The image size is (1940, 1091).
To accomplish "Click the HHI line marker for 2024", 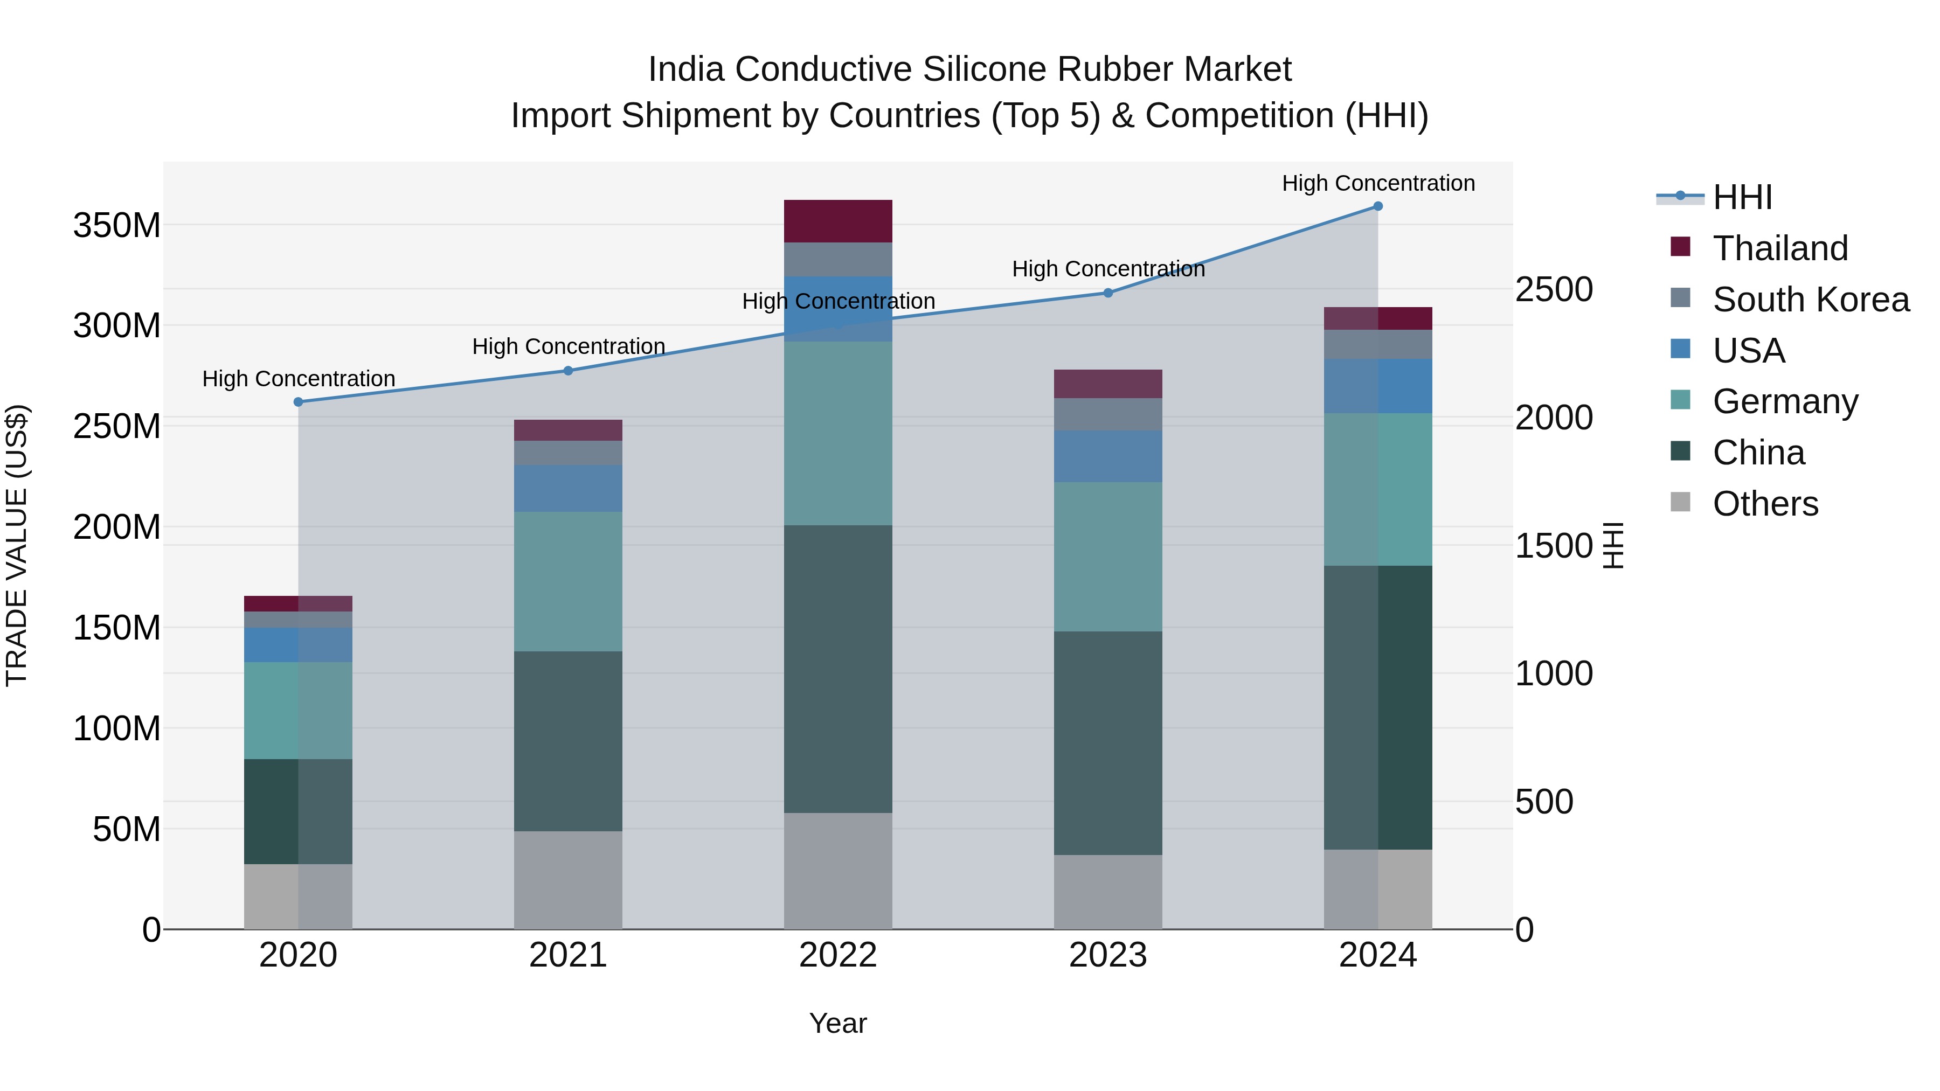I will point(1377,206).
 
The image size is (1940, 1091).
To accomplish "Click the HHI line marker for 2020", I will point(298,402).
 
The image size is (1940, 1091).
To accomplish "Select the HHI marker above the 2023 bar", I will point(1108,293).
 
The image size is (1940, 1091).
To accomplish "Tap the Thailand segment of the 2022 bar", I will point(837,221).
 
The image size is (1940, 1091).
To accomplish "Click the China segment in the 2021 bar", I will point(568,742).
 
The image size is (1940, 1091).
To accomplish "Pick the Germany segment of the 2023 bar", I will point(1108,557).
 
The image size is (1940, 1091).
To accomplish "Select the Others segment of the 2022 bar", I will point(837,871).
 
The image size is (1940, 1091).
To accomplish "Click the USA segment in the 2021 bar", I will point(568,489).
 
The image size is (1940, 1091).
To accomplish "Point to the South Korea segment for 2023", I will point(1108,415).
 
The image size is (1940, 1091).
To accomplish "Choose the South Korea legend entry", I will point(1811,300).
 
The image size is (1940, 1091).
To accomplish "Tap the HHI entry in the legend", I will point(1742,197).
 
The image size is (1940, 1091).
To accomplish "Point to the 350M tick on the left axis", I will point(117,226).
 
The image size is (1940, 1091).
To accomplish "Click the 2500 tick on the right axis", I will point(1554,290).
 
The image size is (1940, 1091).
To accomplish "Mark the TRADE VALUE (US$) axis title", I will point(17,545).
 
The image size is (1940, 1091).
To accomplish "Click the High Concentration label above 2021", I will point(569,346).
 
